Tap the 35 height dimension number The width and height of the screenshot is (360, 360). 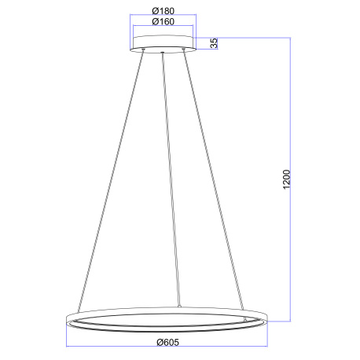(x=213, y=43)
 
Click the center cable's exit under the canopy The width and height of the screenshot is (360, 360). (x=161, y=53)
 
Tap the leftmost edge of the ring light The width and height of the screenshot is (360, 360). (x=64, y=321)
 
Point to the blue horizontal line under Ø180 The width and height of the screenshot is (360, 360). (x=163, y=17)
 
